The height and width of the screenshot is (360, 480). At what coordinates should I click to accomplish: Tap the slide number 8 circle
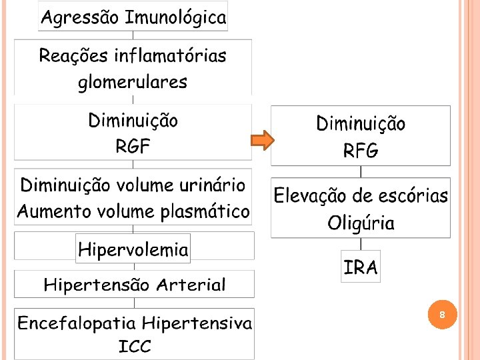442,314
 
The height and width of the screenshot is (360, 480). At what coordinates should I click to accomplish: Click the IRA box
361,268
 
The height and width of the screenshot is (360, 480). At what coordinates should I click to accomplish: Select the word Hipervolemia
133,250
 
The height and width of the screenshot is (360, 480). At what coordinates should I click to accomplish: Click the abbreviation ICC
135,347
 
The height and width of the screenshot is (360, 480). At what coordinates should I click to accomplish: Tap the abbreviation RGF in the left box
133,147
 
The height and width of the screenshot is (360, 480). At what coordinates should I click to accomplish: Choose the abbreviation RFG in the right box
361,151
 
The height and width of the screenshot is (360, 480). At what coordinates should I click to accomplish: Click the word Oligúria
361,223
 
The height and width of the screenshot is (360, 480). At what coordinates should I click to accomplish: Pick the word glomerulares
133,83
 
